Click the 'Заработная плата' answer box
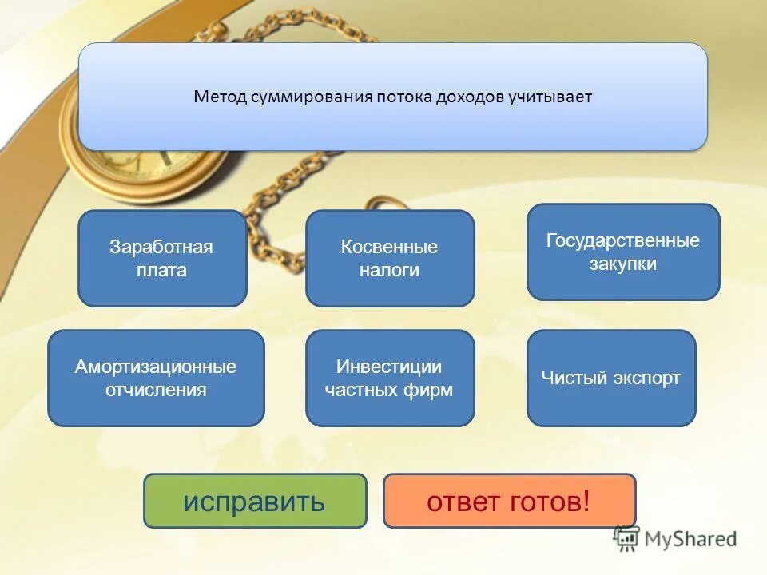(x=161, y=258)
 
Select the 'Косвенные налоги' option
(x=389, y=258)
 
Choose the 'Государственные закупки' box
(x=622, y=252)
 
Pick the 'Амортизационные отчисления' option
(x=156, y=378)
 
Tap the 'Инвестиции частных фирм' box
(x=389, y=378)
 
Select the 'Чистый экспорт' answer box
(x=610, y=378)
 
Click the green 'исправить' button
(x=254, y=501)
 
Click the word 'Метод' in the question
(x=219, y=97)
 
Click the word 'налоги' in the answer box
(x=389, y=271)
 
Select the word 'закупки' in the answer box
(x=622, y=264)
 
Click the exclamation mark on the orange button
(x=586, y=501)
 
